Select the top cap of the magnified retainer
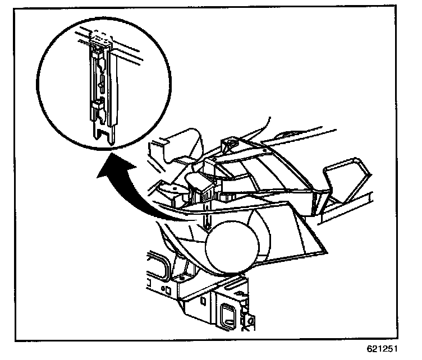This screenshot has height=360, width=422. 100,39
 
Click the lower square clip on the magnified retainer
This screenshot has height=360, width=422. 97,103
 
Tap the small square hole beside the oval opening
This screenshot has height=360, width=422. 166,289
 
